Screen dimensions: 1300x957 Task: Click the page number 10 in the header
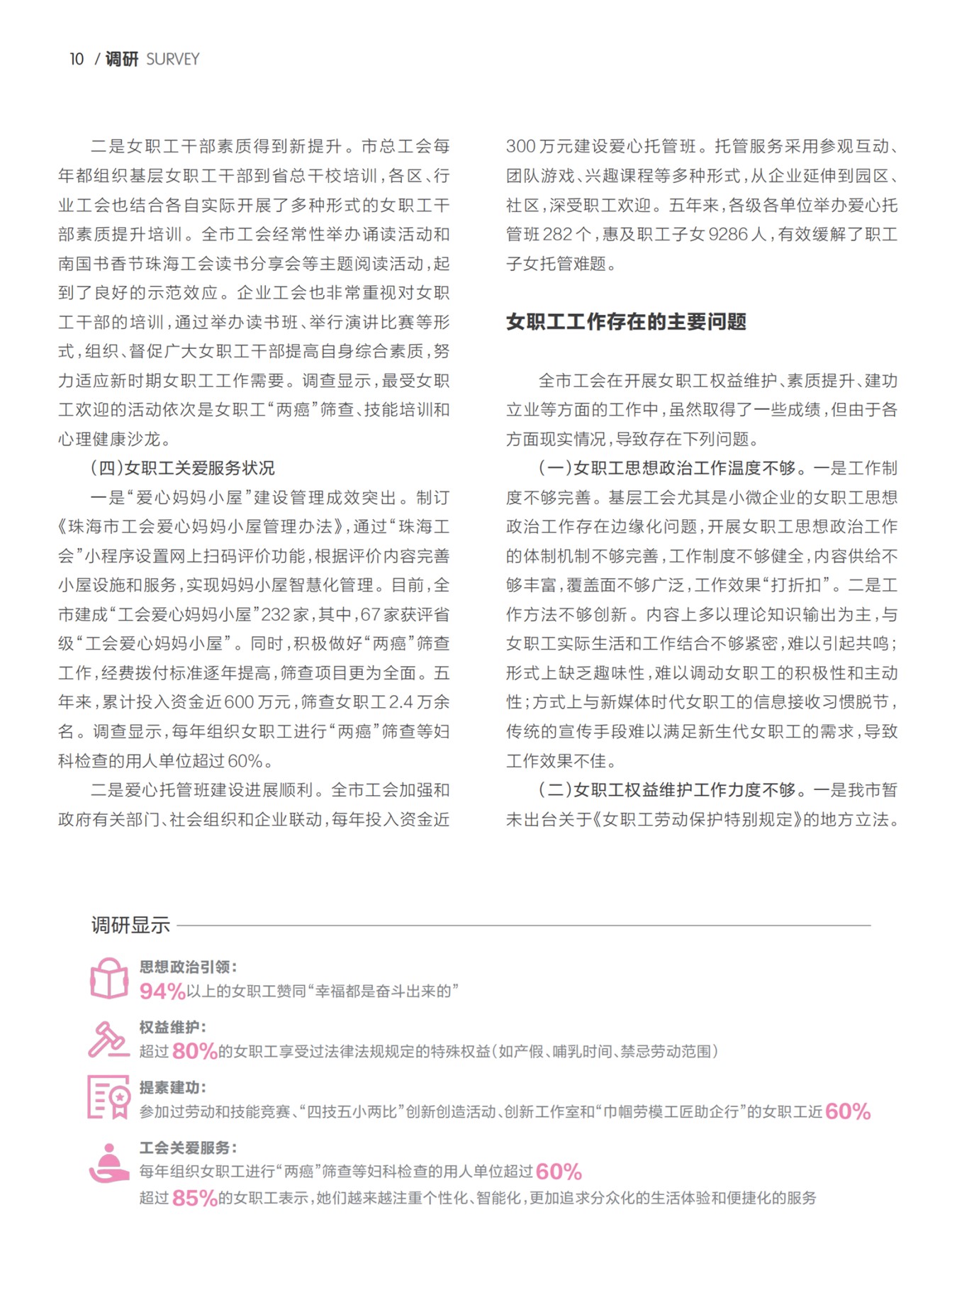77,60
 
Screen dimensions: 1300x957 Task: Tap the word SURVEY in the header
172,60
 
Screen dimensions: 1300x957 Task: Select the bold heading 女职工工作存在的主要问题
625,322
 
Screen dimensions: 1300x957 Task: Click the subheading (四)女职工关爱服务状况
182,468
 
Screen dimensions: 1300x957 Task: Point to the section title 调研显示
130,925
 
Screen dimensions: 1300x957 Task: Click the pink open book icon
109,979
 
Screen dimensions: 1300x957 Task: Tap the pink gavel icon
108,1040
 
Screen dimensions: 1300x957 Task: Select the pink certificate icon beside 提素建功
108,1097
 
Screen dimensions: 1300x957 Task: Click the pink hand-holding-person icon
108,1162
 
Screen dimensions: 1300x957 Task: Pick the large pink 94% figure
162,991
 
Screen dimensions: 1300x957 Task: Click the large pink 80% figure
194,1051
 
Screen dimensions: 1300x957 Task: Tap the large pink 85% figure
194,1199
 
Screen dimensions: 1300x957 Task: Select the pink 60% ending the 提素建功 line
848,1111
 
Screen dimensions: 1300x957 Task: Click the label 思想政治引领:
188,967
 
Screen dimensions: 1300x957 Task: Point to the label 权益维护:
172,1027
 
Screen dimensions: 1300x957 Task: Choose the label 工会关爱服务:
188,1148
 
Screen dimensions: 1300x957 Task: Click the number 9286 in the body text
728,235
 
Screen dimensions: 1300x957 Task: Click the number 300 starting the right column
521,147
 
